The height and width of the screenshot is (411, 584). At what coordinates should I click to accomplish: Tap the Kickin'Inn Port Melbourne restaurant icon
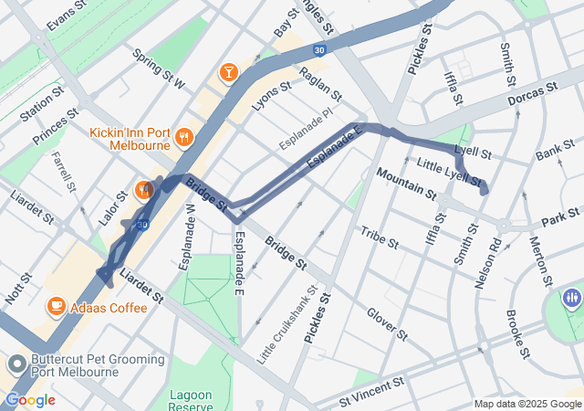pyautogui.click(x=184, y=137)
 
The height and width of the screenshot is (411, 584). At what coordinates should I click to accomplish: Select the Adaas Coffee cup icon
pyautogui.click(x=56, y=307)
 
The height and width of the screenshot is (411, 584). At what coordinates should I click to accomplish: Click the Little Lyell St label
pyautogui.click(x=447, y=168)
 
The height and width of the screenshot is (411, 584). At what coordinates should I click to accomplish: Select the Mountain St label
pyautogui.click(x=405, y=183)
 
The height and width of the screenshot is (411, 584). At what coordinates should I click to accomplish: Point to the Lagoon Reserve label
pyautogui.click(x=190, y=400)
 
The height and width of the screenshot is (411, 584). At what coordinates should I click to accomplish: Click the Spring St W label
pyautogui.click(x=159, y=69)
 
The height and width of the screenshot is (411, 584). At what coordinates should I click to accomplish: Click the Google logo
pyautogui.click(x=30, y=400)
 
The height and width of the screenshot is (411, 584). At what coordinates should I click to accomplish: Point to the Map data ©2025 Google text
pyautogui.click(x=527, y=405)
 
